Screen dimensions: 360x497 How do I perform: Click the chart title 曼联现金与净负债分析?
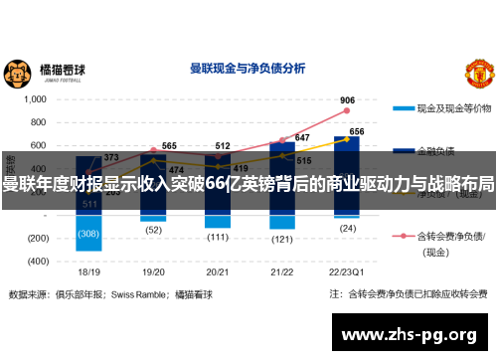248,70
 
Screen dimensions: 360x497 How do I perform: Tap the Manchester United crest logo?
479,73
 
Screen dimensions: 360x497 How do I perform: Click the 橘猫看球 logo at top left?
45,72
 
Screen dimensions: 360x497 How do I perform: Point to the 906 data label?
348,100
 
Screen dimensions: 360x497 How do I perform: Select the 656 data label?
357,131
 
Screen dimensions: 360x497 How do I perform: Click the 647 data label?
302,138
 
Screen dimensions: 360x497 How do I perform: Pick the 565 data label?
170,146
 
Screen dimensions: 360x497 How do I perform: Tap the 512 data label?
223,146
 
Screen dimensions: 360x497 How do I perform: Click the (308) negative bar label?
89,234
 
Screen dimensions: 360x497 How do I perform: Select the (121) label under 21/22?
281,239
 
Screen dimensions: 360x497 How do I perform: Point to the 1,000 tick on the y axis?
35,99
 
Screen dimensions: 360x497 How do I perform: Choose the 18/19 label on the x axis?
89,271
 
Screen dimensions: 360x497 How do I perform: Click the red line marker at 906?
348,111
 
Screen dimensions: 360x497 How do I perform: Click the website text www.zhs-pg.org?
409,332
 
